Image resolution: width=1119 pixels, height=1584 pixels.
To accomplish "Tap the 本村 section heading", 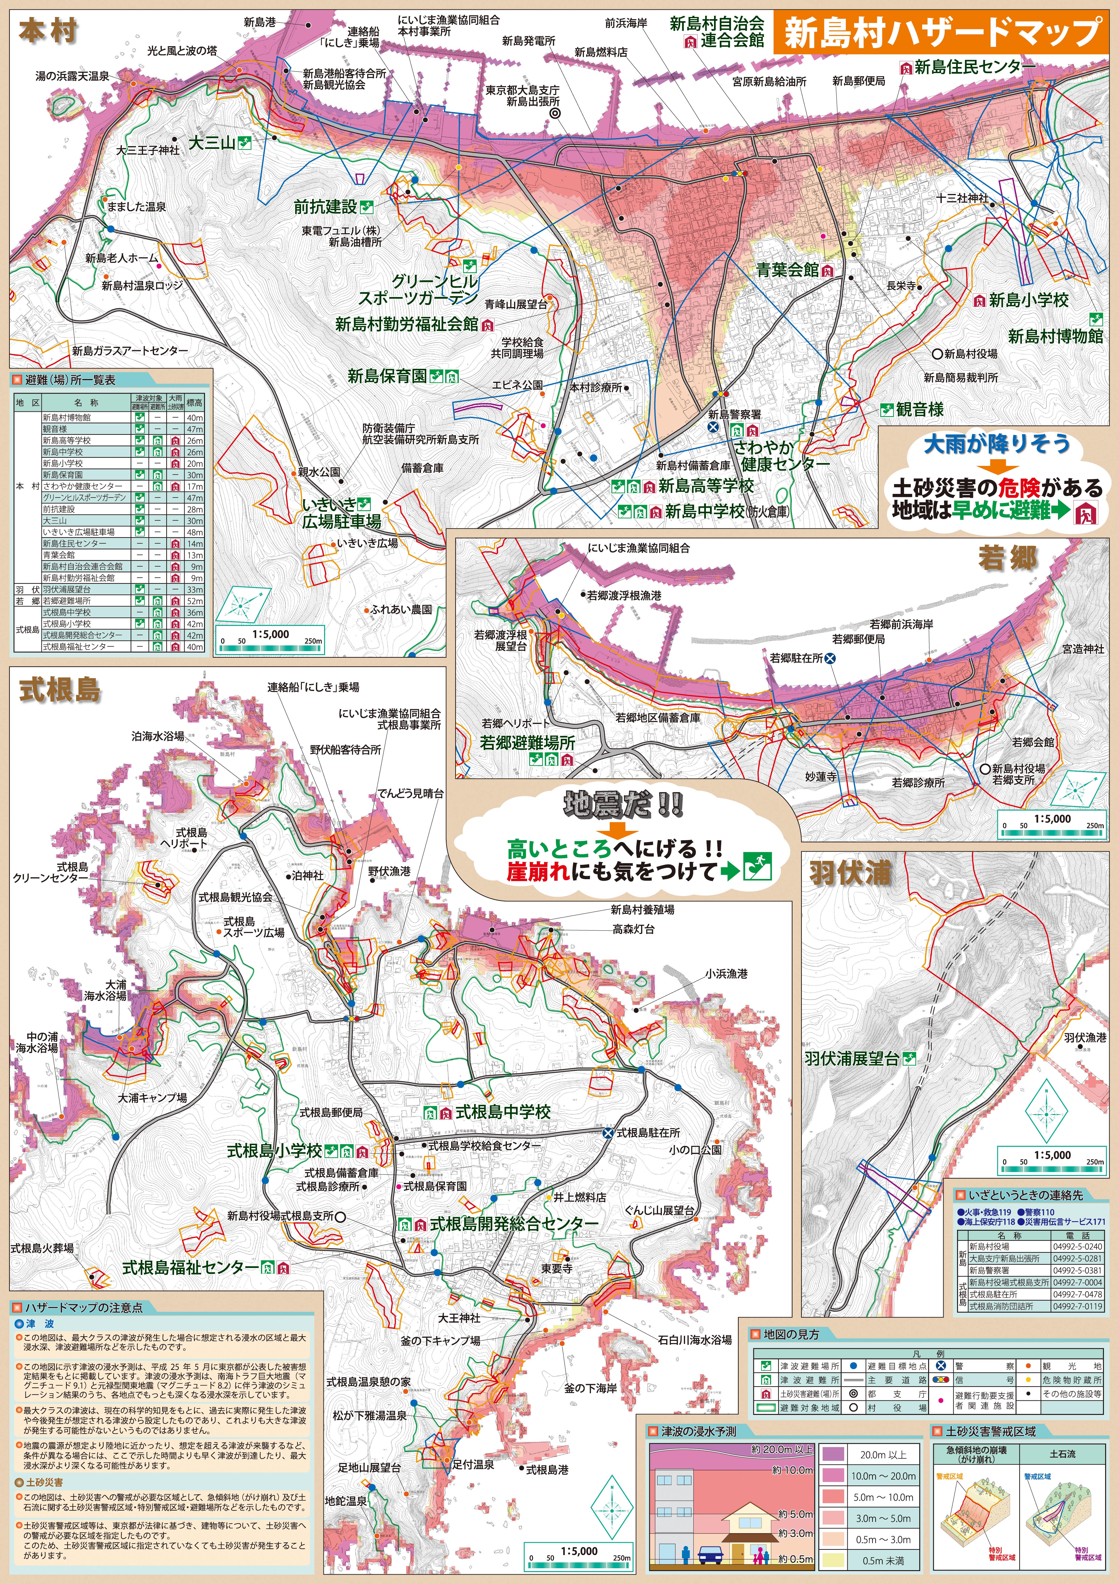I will [47, 32].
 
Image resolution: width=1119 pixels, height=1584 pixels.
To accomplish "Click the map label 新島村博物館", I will [1056, 337].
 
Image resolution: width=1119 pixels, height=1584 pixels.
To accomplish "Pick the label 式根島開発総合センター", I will [514, 1225].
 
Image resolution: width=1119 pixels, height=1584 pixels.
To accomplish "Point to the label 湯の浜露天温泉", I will [72, 76].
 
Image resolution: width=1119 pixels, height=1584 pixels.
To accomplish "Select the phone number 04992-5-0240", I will [1078, 1247].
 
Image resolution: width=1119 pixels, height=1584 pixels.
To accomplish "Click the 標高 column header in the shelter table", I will [194, 402].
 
